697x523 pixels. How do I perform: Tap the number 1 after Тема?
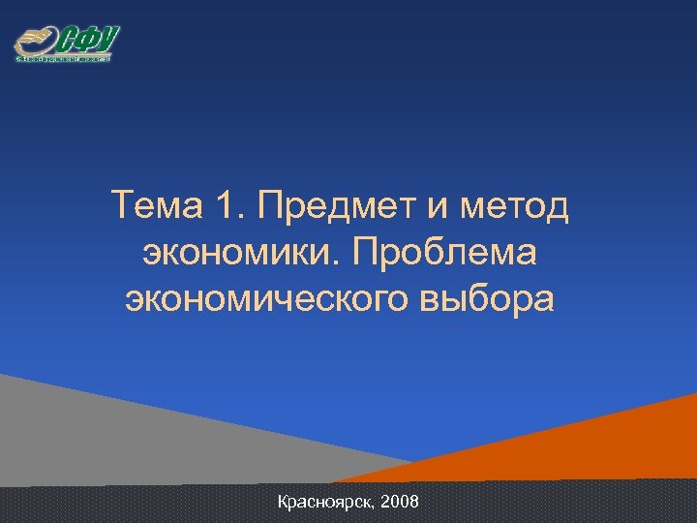pos(226,205)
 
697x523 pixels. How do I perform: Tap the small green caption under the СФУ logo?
pos(64,58)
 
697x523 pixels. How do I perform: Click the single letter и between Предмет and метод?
pos(433,205)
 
